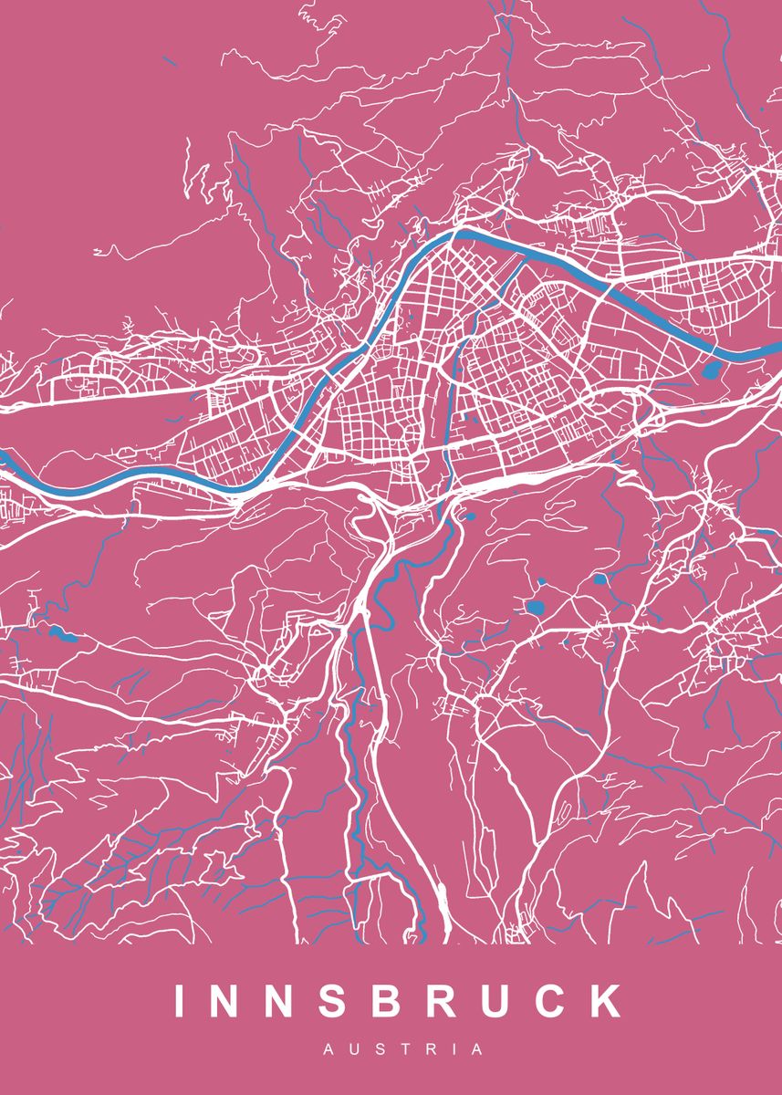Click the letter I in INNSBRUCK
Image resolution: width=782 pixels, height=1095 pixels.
pyautogui.click(x=180, y=1001)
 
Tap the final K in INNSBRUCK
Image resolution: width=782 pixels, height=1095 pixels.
pyautogui.click(x=605, y=1001)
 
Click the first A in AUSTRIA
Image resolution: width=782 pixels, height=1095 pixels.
pyautogui.click(x=329, y=1050)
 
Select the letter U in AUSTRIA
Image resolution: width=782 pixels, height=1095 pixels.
pyautogui.click(x=354, y=1050)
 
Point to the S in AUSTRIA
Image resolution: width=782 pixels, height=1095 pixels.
pyautogui.click(x=380, y=1050)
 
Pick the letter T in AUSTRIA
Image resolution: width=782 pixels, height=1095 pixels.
pyautogui.click(x=403, y=1050)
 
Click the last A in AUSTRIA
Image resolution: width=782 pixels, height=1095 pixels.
pyautogui.click(x=477, y=1050)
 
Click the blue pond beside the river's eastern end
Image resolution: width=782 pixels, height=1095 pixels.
pyautogui.click(x=710, y=370)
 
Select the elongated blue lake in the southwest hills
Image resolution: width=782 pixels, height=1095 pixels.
pyautogui.click(x=62, y=632)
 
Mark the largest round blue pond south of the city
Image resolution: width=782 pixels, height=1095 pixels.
pyautogui.click(x=536, y=607)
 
